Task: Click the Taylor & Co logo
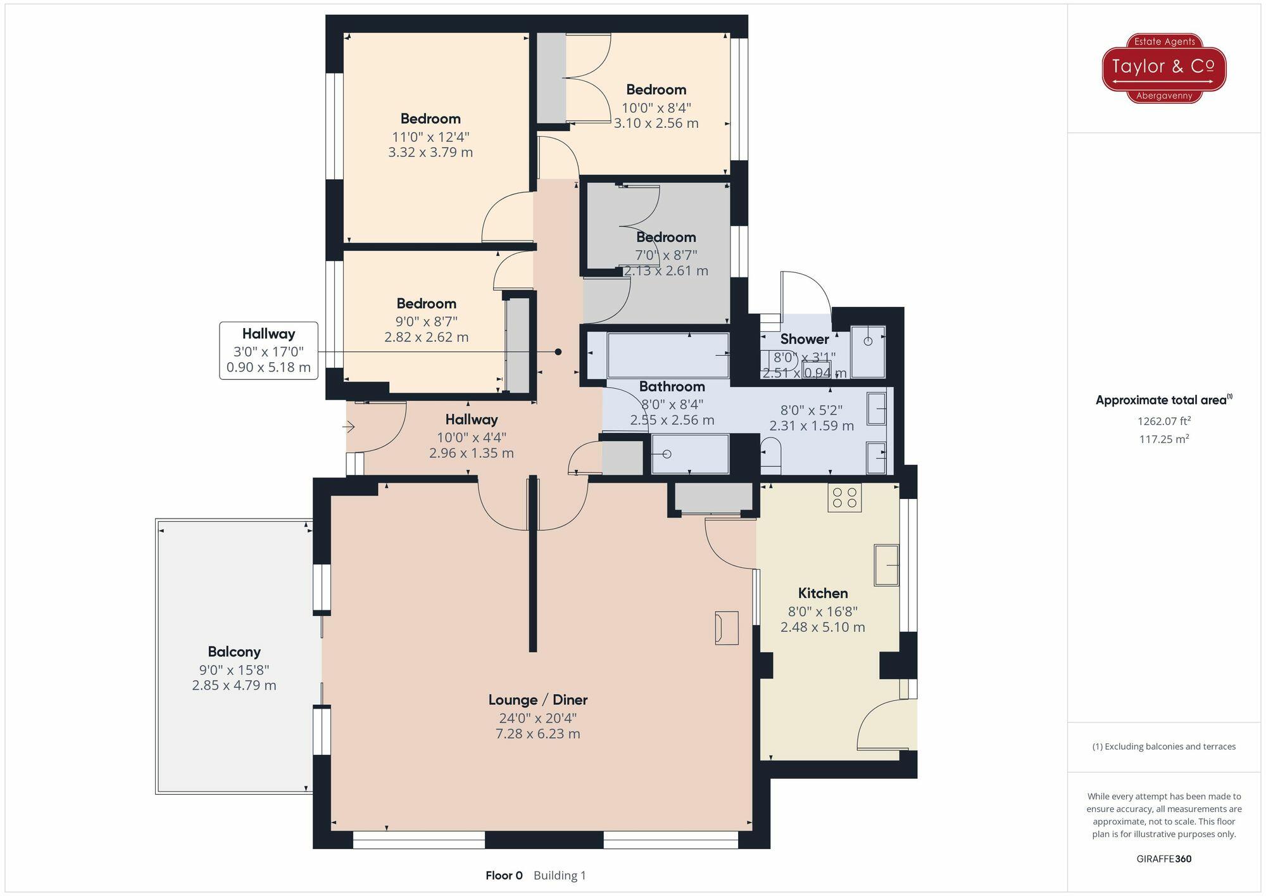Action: [1164, 68]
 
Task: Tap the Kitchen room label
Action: [823, 593]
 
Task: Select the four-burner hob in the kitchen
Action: [844, 498]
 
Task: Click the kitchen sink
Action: [886, 564]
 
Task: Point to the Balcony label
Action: [234, 652]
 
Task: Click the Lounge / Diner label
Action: [538, 700]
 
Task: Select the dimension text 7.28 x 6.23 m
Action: [538, 734]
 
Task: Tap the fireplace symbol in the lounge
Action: [727, 628]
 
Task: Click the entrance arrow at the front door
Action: [349, 427]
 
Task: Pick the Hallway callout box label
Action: [268, 334]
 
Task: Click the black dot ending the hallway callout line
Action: [558, 352]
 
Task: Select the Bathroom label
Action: [672, 386]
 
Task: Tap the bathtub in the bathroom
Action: [668, 355]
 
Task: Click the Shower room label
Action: [805, 339]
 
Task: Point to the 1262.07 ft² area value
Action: [1164, 421]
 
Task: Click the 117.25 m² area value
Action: [1164, 439]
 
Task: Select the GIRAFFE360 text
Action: [1164, 859]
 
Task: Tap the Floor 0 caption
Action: [504, 876]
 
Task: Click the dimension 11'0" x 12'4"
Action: [430, 137]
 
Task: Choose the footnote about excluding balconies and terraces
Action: [1164, 747]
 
